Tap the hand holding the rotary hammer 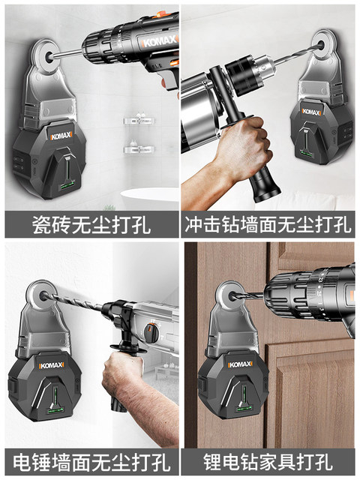(x=124, y=375)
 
